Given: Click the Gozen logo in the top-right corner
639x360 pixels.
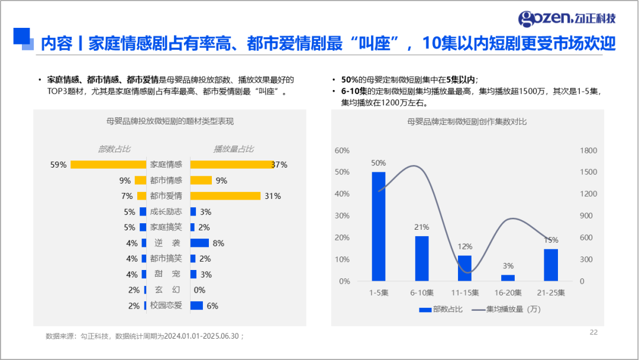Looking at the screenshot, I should pos(566,18).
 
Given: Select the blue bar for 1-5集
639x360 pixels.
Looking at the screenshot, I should pos(378,226).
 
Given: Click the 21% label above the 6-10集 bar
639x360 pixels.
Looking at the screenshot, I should pos(421,227).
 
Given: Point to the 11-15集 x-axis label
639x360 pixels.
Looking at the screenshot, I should pos(464,292).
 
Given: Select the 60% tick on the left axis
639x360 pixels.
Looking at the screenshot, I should pos(342,150).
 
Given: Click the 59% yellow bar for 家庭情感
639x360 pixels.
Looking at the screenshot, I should pos(108,165).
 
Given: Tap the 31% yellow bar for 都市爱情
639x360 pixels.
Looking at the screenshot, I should pos(225,196).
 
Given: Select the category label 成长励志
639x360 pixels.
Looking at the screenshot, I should pos(166,212).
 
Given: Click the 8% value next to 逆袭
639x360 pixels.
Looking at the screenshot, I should pos(218,243).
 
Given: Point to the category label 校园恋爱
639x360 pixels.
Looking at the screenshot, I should pos(166,306).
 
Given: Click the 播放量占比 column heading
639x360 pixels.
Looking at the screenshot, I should pos(234,149).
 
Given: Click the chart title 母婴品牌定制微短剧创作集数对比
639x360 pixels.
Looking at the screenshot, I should pos(467,121).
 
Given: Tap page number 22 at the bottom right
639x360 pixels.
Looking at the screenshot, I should pos(593,332).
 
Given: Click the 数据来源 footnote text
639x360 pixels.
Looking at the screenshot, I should pos(144,336).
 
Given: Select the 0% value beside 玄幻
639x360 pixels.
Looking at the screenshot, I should pos(199,290).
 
